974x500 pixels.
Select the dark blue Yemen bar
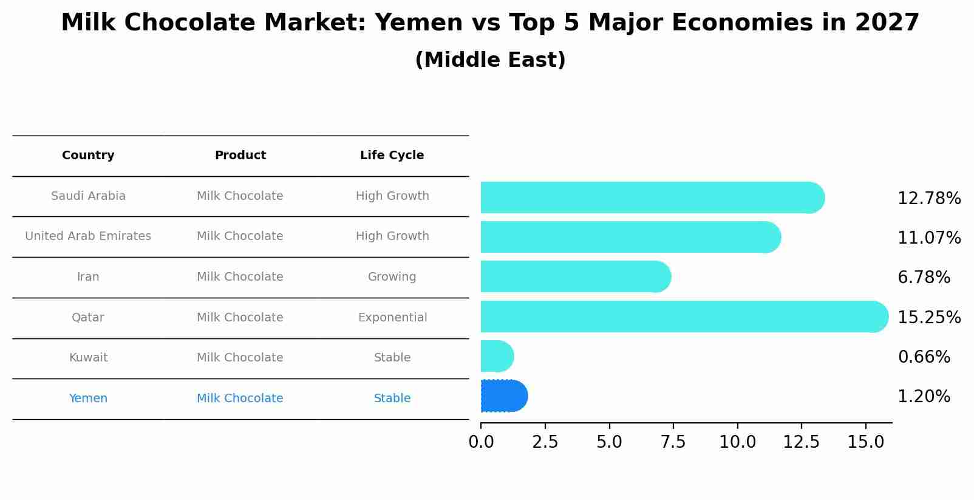point(503,396)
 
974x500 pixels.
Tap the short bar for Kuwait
point(496,356)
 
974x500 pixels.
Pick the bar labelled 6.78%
point(574,276)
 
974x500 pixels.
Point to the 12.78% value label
point(928,199)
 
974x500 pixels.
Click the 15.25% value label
point(928,317)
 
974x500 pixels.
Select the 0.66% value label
point(924,357)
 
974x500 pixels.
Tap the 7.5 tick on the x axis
point(673,442)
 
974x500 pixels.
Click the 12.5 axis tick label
point(802,442)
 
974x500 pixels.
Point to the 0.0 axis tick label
point(481,442)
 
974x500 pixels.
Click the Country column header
point(88,156)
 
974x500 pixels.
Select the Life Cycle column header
point(392,156)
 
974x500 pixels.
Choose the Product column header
point(240,156)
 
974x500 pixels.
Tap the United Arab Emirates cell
point(88,236)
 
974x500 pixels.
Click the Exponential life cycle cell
point(392,318)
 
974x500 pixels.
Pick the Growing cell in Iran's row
point(392,277)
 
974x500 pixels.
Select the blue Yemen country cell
point(88,399)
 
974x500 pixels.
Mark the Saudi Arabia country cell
point(88,196)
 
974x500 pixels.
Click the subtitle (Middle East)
point(490,60)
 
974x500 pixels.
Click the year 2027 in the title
point(887,23)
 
